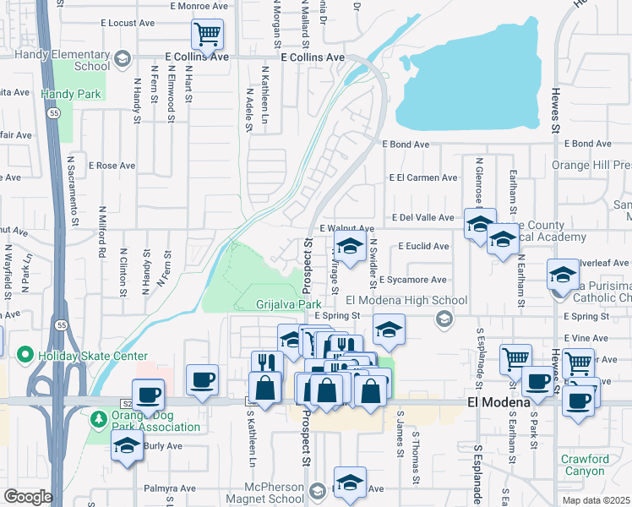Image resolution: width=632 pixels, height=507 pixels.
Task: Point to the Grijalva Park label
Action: click(290, 303)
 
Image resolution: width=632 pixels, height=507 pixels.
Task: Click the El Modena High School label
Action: click(406, 301)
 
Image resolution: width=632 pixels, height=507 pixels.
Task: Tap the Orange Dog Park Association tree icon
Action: click(100, 418)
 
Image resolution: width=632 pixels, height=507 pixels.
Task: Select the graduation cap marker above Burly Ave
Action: click(127, 445)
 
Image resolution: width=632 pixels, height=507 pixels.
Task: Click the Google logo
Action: click(28, 497)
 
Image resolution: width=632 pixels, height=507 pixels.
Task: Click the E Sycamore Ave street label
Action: click(412, 280)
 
